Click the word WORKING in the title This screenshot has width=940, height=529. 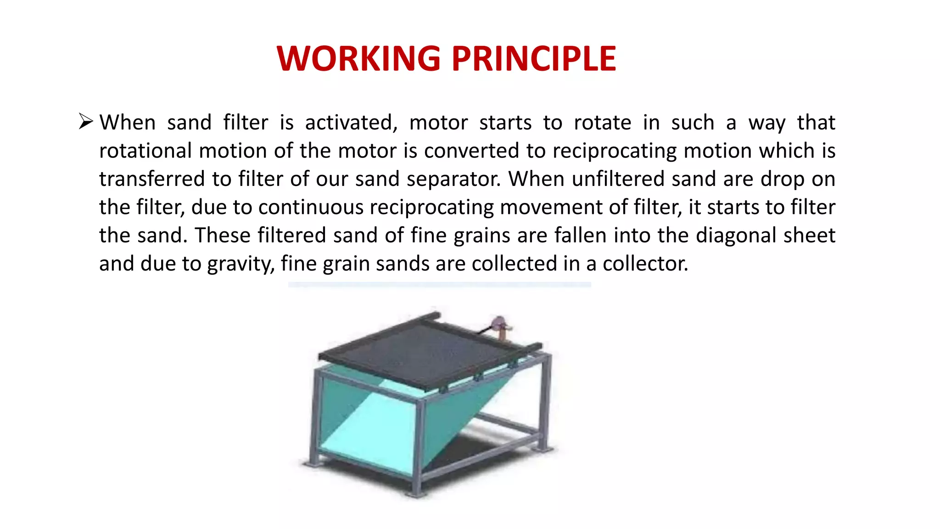(358, 59)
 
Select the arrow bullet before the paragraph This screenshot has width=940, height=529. (86, 122)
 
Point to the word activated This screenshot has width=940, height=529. (351, 123)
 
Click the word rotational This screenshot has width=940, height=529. (145, 151)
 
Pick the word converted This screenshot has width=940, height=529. (471, 151)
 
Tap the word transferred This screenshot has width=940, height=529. (152, 179)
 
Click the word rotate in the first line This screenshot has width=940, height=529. (602, 123)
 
